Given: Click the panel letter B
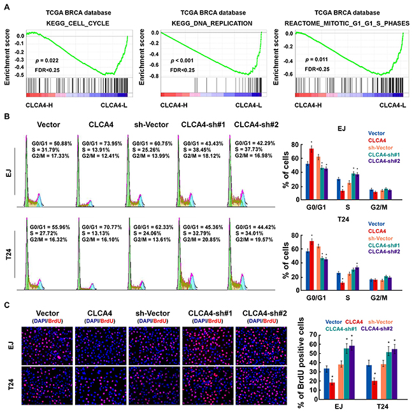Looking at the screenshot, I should [6, 117].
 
